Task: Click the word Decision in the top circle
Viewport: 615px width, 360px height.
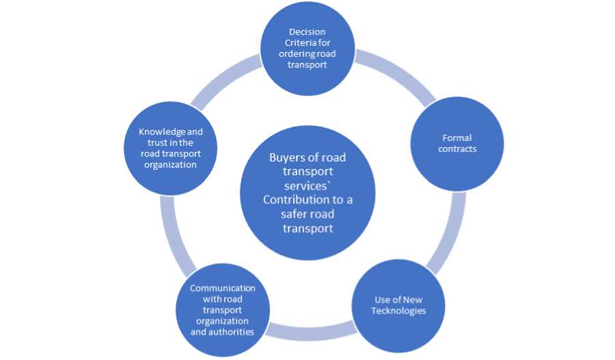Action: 307,31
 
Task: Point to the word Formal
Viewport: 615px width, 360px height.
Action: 457,138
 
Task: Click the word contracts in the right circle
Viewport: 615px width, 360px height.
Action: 457,148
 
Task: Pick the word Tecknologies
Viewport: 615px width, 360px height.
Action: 398,311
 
